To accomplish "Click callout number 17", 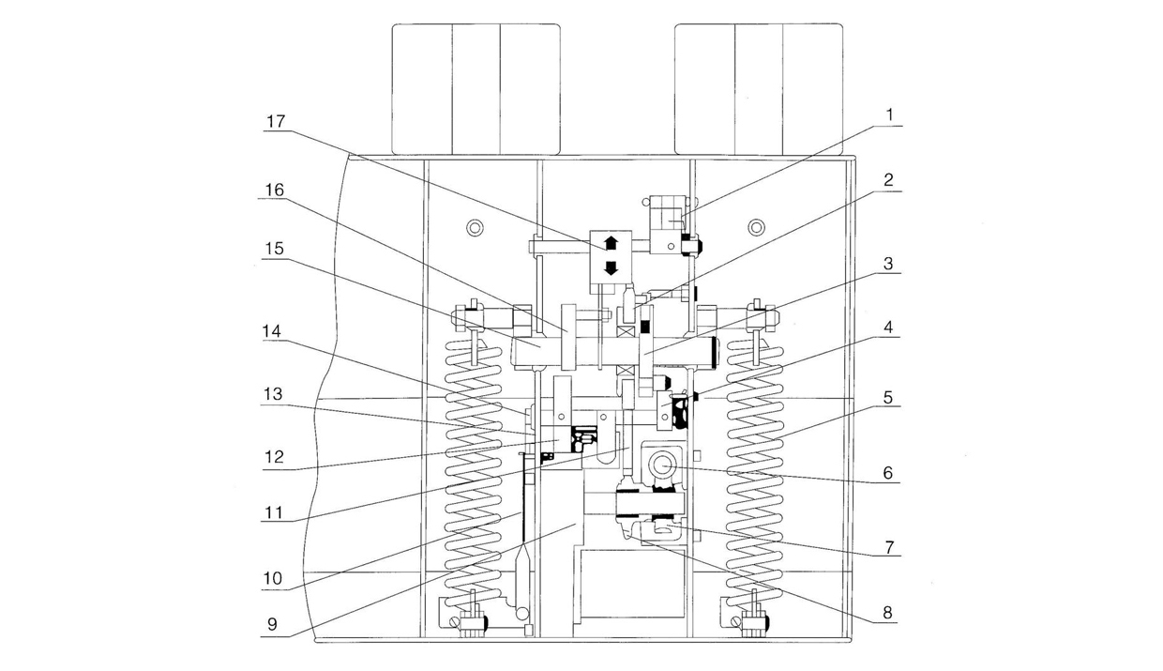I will pos(278,121).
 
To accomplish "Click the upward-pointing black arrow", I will pos(611,242).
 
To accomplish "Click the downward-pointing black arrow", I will pos(611,268).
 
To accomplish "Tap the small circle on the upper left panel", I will pos(476,227).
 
